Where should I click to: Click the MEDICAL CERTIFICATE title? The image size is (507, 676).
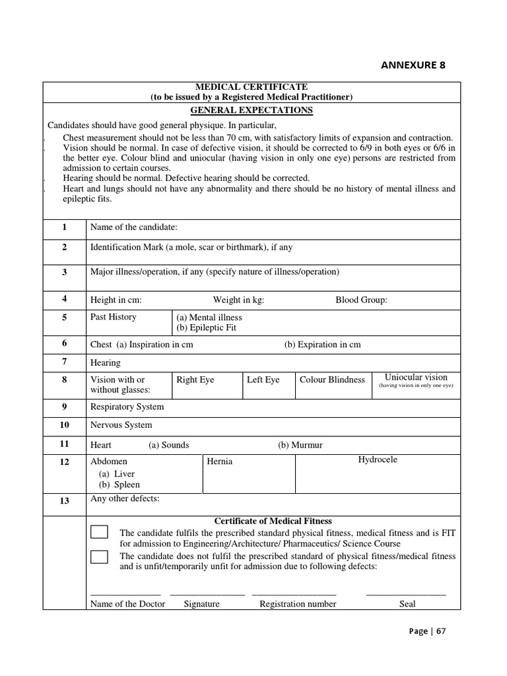pyautogui.click(x=252, y=87)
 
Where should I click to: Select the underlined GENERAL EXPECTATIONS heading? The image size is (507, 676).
pyautogui.click(x=252, y=110)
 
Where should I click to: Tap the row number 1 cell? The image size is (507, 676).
pyautogui.click(x=65, y=227)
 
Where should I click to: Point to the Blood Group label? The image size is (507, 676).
pyautogui.click(x=361, y=300)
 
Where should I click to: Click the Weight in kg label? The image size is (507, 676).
pyautogui.click(x=238, y=300)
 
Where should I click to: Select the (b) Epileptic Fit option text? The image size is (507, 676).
pyautogui.click(x=206, y=327)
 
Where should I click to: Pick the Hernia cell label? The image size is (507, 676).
pyautogui.click(x=220, y=461)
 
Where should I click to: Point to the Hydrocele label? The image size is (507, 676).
pyautogui.click(x=378, y=459)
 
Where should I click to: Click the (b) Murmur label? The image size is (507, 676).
pyautogui.click(x=300, y=445)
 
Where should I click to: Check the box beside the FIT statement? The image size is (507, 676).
pyautogui.click(x=100, y=532)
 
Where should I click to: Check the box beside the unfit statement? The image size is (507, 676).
pyautogui.click(x=100, y=557)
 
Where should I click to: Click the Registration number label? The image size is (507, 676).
pyautogui.click(x=298, y=603)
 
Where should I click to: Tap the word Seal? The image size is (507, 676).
pyautogui.click(x=407, y=603)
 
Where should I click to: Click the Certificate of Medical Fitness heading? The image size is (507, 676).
pyautogui.click(x=273, y=521)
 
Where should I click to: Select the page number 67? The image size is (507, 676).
pyautogui.click(x=440, y=630)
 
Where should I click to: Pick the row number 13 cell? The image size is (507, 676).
pyautogui.click(x=65, y=500)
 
